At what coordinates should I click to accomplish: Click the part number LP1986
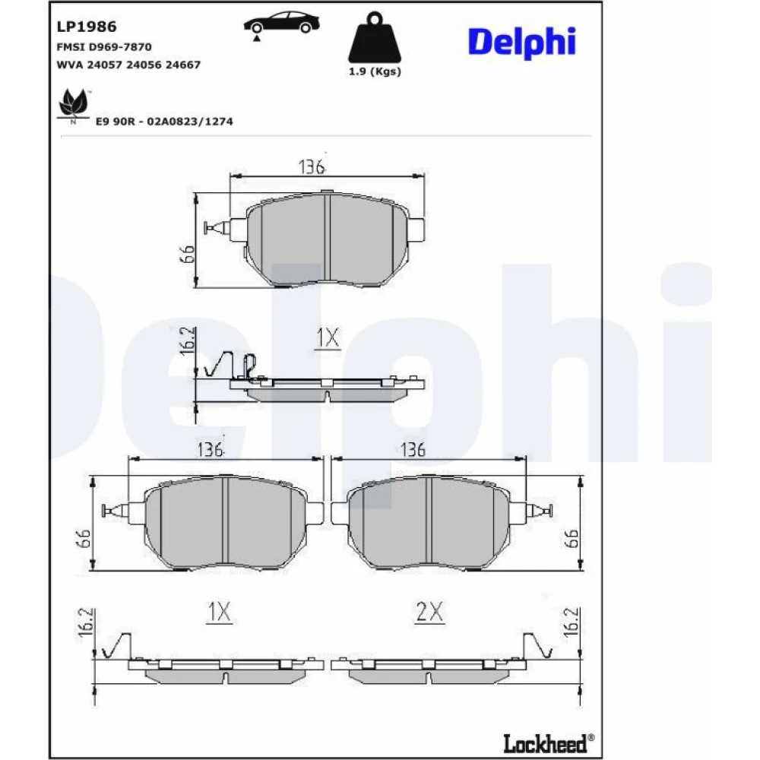(x=87, y=27)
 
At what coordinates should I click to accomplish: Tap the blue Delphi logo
(x=521, y=42)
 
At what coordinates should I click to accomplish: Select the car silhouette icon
(x=281, y=24)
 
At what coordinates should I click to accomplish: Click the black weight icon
(x=375, y=38)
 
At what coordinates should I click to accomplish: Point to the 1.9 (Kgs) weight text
(x=375, y=71)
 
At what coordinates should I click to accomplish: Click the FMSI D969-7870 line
(x=104, y=47)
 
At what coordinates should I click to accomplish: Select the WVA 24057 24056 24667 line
(x=128, y=65)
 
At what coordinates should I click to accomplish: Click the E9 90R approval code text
(x=164, y=121)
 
